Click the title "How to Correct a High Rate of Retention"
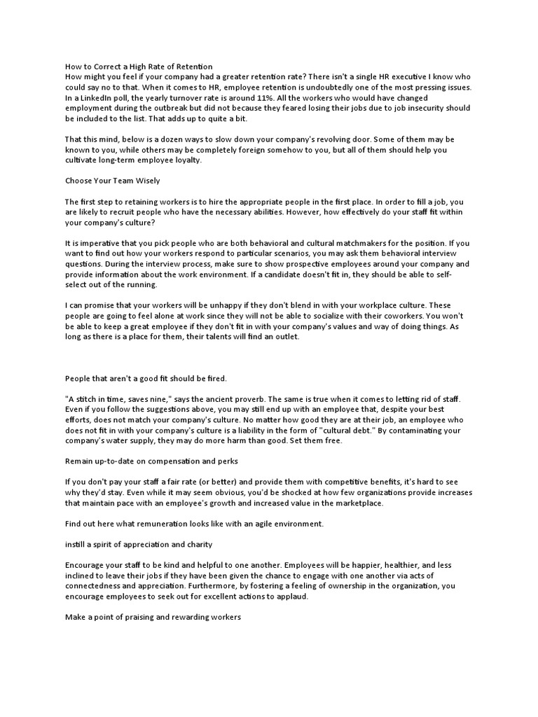[x=138, y=67]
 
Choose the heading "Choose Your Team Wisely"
[x=112, y=181]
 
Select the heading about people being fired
[x=146, y=379]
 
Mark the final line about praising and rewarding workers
[x=153, y=618]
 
